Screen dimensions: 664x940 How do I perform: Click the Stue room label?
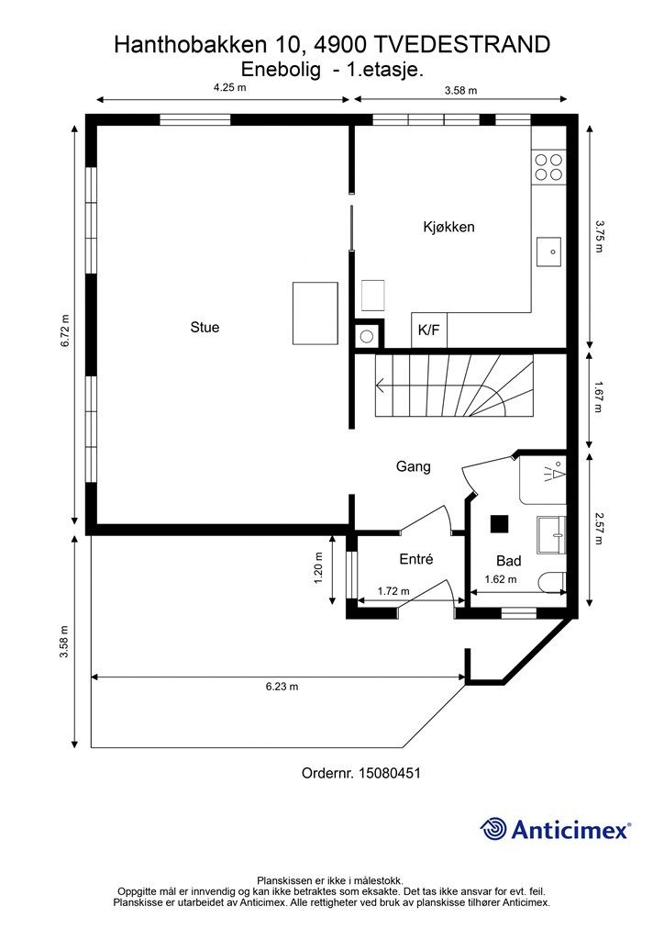click(205, 328)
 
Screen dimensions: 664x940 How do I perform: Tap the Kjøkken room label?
click(448, 228)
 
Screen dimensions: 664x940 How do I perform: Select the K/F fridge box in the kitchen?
click(428, 330)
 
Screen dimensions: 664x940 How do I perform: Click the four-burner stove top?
click(548, 167)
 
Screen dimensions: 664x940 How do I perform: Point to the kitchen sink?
click(548, 252)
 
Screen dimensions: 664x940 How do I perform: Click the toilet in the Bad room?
click(552, 581)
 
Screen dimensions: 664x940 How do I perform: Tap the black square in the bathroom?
click(499, 524)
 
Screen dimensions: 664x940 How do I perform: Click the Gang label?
click(413, 466)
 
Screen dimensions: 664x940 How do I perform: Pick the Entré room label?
click(416, 559)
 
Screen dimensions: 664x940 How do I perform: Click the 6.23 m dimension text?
click(282, 687)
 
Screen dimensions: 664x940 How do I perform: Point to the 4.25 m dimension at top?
click(230, 87)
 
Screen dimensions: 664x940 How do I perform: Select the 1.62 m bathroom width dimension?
click(501, 580)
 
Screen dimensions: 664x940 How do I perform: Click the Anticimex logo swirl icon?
click(493, 829)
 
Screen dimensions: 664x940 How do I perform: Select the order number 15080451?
click(389, 773)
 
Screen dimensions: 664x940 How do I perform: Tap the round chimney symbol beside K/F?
click(367, 337)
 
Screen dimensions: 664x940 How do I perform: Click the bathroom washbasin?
click(551, 535)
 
